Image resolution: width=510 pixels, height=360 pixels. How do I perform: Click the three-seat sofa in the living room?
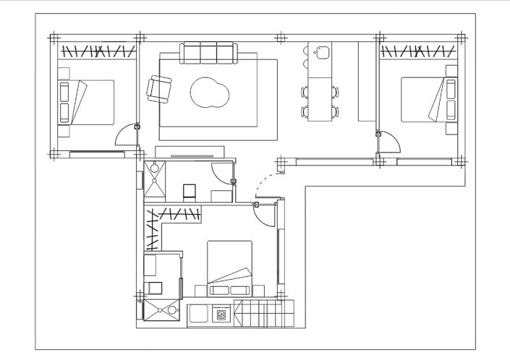click(209, 53)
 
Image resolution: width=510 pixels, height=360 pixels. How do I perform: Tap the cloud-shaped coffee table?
click(210, 93)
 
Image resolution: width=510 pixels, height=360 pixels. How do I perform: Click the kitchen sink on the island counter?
click(322, 52)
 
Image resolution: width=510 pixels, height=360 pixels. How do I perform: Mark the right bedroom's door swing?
click(388, 140)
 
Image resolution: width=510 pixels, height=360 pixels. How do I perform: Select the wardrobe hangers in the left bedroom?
click(97, 51)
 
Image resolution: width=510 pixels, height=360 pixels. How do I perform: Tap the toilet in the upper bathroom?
click(190, 192)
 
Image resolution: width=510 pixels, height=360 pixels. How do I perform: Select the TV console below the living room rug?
click(190, 152)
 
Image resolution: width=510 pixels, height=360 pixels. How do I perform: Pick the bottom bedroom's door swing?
click(265, 215)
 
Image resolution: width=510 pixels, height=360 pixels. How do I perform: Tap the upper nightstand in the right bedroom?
click(451, 71)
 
